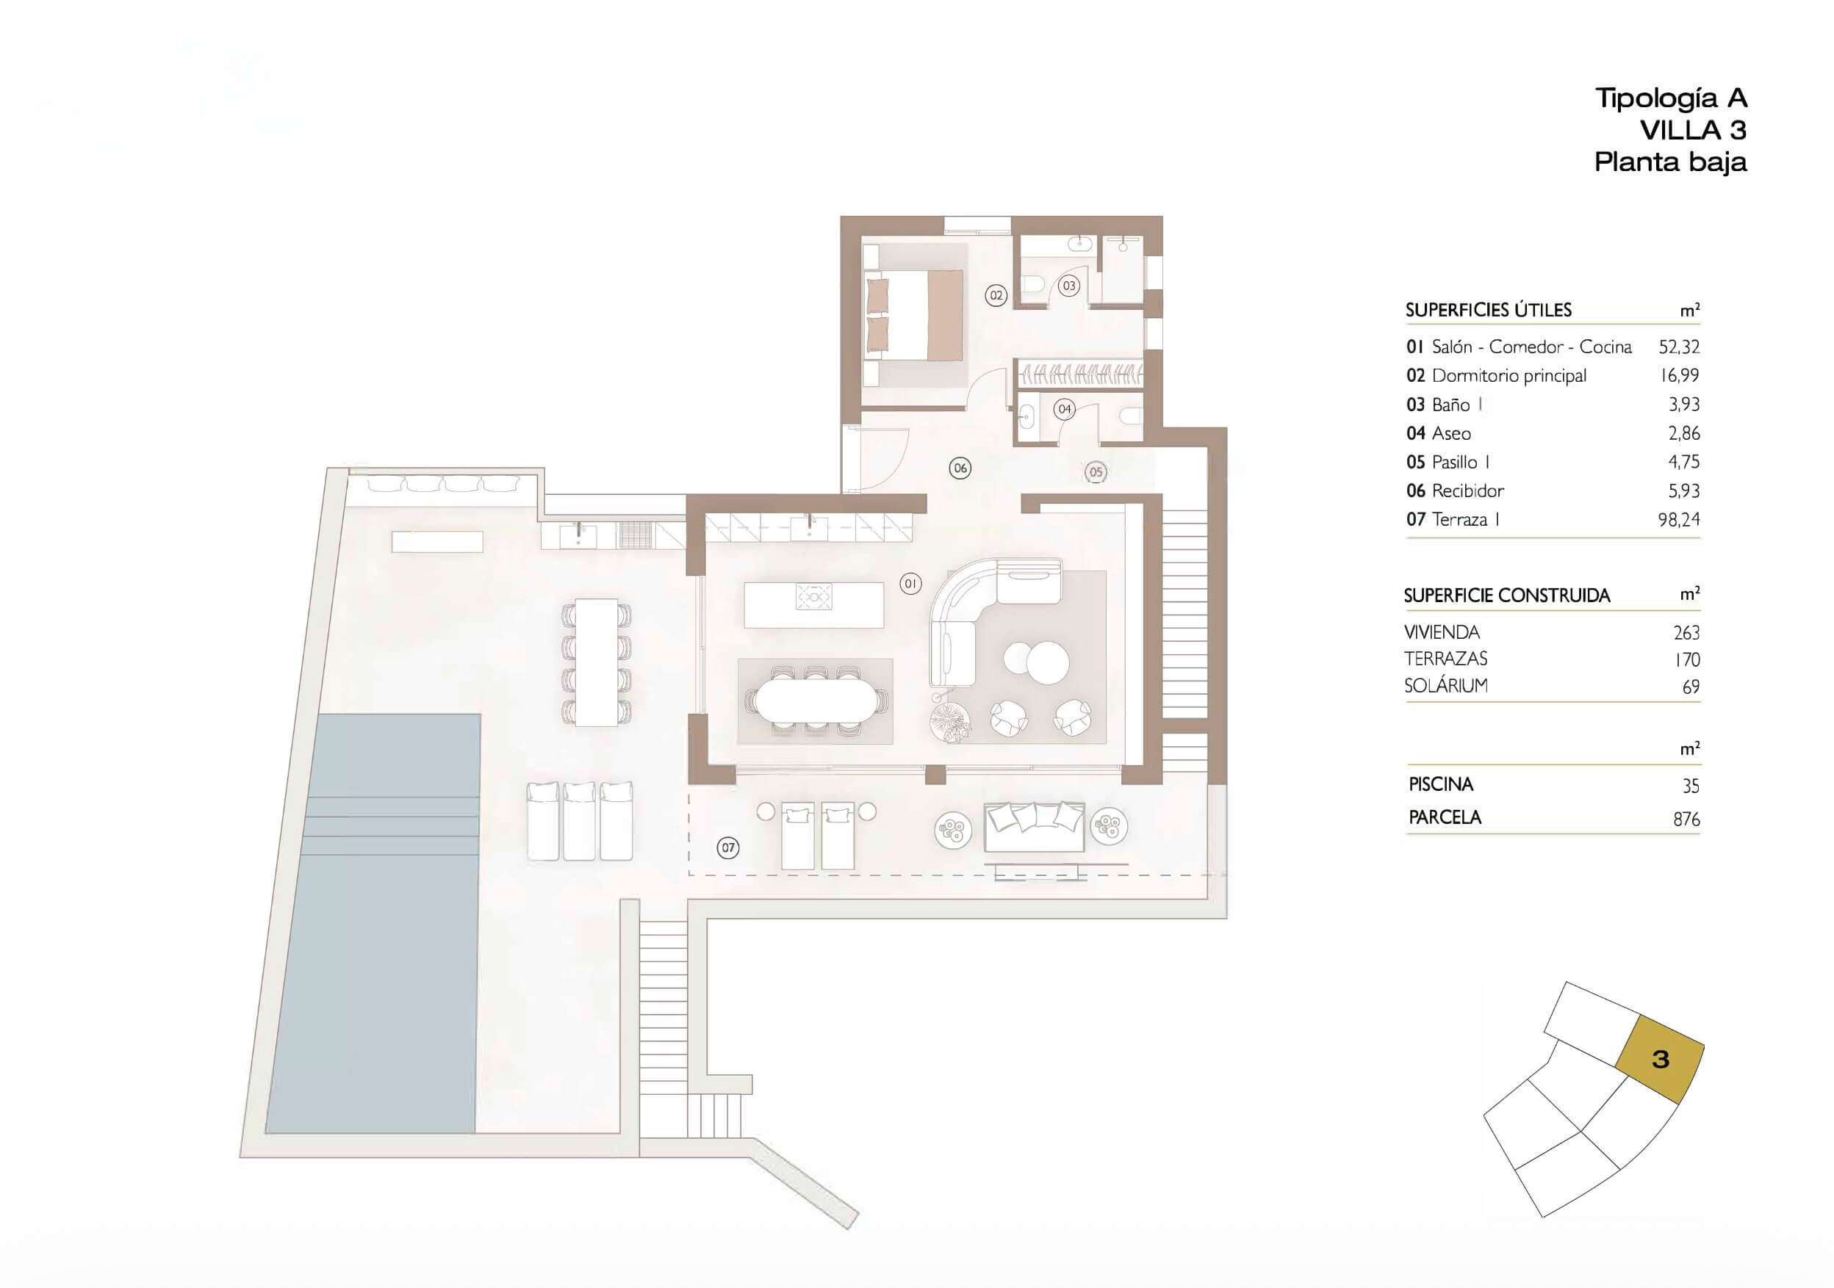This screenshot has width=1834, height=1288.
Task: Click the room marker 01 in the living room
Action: (x=910, y=584)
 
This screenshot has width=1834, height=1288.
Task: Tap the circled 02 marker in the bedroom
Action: (x=996, y=295)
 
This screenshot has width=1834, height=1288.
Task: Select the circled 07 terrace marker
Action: (x=727, y=848)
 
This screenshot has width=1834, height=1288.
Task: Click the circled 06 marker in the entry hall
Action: (x=960, y=468)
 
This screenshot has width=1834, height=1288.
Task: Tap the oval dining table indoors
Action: (x=816, y=701)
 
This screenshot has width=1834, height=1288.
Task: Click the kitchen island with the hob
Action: (x=814, y=605)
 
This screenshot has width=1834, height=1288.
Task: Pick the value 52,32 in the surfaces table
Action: (x=1679, y=347)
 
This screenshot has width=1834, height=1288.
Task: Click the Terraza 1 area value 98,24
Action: (x=1679, y=519)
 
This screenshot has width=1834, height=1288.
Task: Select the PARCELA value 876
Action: (x=1686, y=820)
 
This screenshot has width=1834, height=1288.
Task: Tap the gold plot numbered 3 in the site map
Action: (x=1660, y=1059)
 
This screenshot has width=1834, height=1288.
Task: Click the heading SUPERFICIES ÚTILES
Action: (x=1488, y=310)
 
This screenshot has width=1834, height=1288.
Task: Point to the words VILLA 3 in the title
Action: (x=1693, y=129)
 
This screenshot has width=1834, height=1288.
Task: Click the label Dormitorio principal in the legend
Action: (x=1509, y=375)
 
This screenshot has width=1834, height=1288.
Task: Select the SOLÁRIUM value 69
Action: (x=1690, y=687)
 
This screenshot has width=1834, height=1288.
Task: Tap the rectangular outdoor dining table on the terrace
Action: (x=597, y=662)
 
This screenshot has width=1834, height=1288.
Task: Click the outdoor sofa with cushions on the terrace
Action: (x=1034, y=826)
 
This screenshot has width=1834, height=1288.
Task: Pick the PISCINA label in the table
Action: (x=1441, y=784)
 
